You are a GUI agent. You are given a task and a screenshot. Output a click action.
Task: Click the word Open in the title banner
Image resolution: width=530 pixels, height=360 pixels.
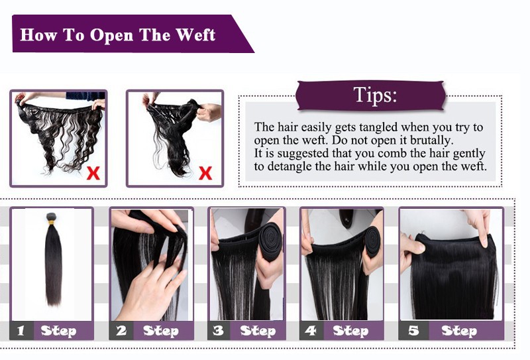click(x=111, y=36)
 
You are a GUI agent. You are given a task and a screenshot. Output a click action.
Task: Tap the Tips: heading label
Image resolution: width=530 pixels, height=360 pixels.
click(x=375, y=94)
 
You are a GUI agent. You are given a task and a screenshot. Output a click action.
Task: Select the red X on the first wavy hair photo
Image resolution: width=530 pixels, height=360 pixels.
click(x=93, y=173)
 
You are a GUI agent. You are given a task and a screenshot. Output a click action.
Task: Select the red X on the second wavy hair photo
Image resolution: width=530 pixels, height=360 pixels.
click(x=205, y=173)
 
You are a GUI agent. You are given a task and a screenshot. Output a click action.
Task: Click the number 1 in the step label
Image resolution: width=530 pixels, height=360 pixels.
click(x=21, y=331)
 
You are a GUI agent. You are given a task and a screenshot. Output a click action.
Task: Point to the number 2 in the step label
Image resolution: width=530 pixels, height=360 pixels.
click(x=121, y=331)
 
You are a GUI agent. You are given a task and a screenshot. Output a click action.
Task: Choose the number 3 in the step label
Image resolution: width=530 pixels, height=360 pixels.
click(x=219, y=331)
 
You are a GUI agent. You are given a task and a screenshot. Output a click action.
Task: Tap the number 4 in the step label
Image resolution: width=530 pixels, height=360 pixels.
click(x=311, y=331)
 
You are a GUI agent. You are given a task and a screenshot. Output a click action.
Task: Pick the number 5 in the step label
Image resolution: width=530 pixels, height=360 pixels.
click(x=413, y=331)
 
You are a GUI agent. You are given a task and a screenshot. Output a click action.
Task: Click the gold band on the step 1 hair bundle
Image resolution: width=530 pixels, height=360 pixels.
click(x=51, y=222)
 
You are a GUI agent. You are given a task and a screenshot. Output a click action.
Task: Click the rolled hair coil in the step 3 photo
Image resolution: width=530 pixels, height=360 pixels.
click(x=271, y=242)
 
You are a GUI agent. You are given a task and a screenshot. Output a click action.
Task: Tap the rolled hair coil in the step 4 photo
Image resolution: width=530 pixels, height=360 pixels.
click(x=373, y=241)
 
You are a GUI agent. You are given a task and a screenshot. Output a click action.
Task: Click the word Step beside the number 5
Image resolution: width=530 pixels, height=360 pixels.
click(x=459, y=331)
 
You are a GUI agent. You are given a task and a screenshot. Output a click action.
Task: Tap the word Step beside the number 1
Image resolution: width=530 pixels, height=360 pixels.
click(x=58, y=331)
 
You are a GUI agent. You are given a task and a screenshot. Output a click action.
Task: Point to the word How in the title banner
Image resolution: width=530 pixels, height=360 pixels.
click(x=38, y=35)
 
